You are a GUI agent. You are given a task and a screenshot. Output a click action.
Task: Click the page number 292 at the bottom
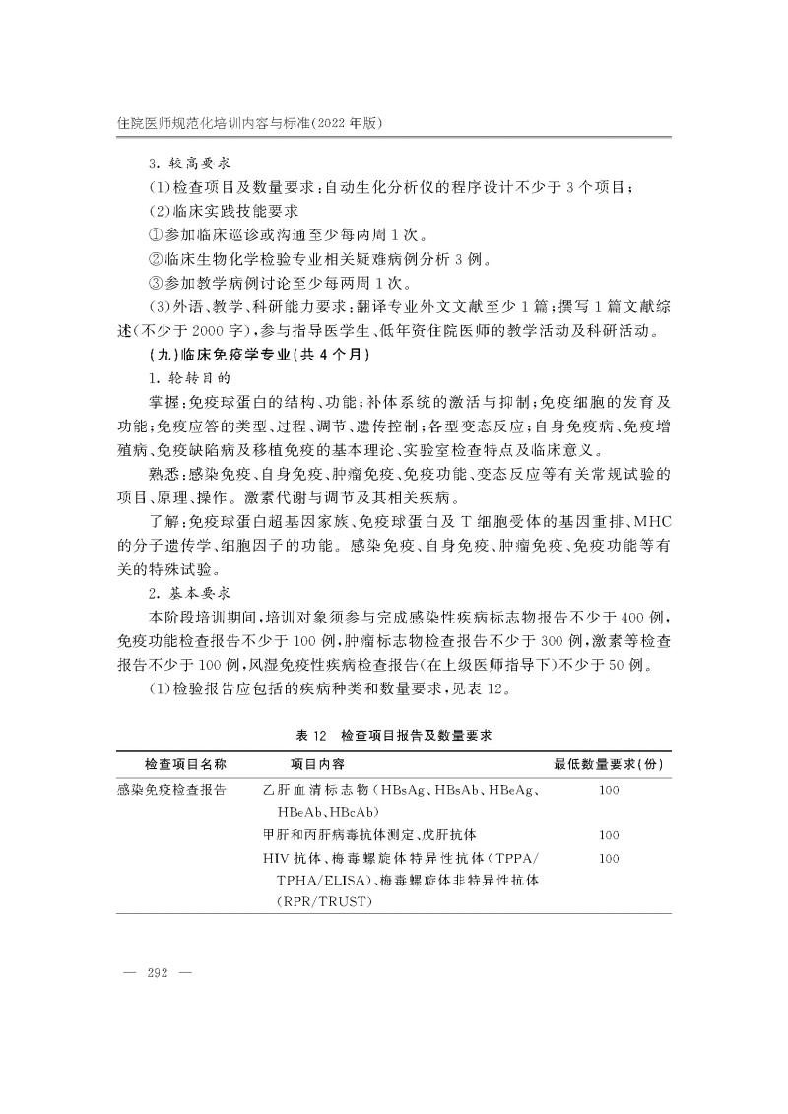[157, 972]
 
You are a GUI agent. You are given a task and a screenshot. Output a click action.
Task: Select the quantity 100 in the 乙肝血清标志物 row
[608, 790]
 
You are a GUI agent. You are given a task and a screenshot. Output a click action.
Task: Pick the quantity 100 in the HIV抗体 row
[608, 859]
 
